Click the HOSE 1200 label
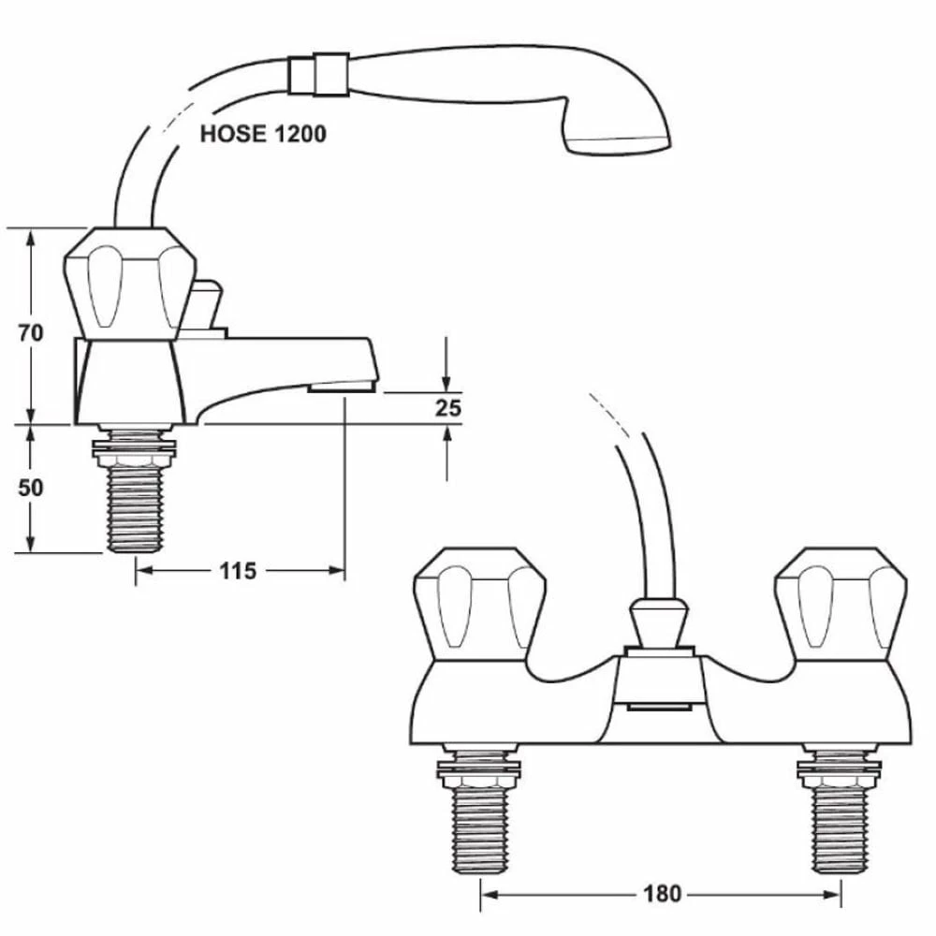[x=263, y=134]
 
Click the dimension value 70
[x=31, y=334]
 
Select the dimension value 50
[x=31, y=488]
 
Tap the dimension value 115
[x=239, y=570]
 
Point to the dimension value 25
[x=448, y=408]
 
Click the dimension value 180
[x=662, y=894]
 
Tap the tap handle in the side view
[x=128, y=283]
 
